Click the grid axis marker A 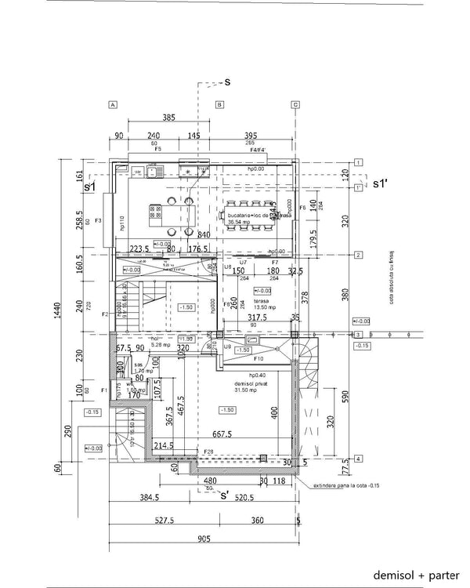[113, 104]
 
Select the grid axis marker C [295, 104]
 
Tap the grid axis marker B [219, 104]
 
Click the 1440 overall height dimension [56, 314]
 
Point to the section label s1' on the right [381, 183]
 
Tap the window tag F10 [258, 358]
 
